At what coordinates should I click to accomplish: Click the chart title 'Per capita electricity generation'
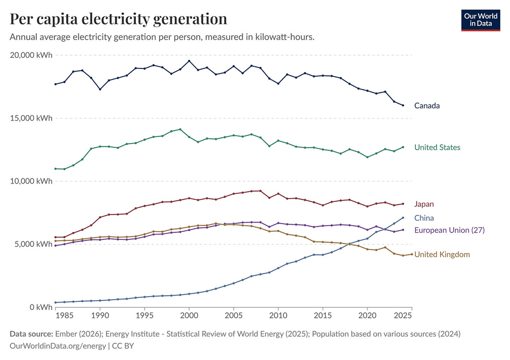119,19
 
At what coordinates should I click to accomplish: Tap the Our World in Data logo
481,20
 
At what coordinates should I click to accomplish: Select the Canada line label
427,105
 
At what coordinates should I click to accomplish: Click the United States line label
437,148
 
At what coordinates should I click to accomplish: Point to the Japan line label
424,204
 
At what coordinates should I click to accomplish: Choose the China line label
424,218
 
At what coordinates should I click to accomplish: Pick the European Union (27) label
450,230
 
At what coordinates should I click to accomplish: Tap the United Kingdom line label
442,255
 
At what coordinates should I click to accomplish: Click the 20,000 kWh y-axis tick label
31,55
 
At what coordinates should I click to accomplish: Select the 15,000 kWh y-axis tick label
31,118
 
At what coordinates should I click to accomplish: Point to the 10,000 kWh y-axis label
31,181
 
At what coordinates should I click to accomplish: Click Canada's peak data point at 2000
189,61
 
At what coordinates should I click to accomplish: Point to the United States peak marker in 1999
180,129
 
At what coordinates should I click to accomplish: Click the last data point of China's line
403,218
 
